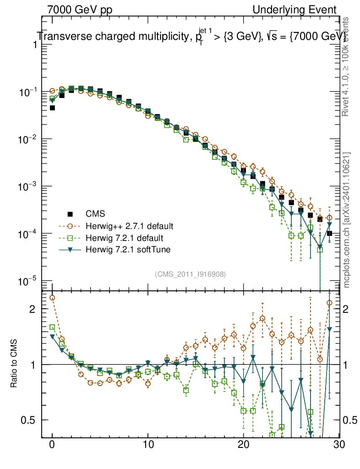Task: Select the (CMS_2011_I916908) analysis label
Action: pyautogui.click(x=191, y=274)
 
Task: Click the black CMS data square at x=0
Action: pyautogui.click(x=52, y=108)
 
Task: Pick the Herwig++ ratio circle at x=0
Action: pyautogui.click(x=52, y=298)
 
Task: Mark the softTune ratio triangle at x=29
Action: pyautogui.click(x=329, y=329)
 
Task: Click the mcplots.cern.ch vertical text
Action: pyautogui.click(x=347, y=220)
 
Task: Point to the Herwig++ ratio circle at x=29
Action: pyautogui.click(x=329, y=303)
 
